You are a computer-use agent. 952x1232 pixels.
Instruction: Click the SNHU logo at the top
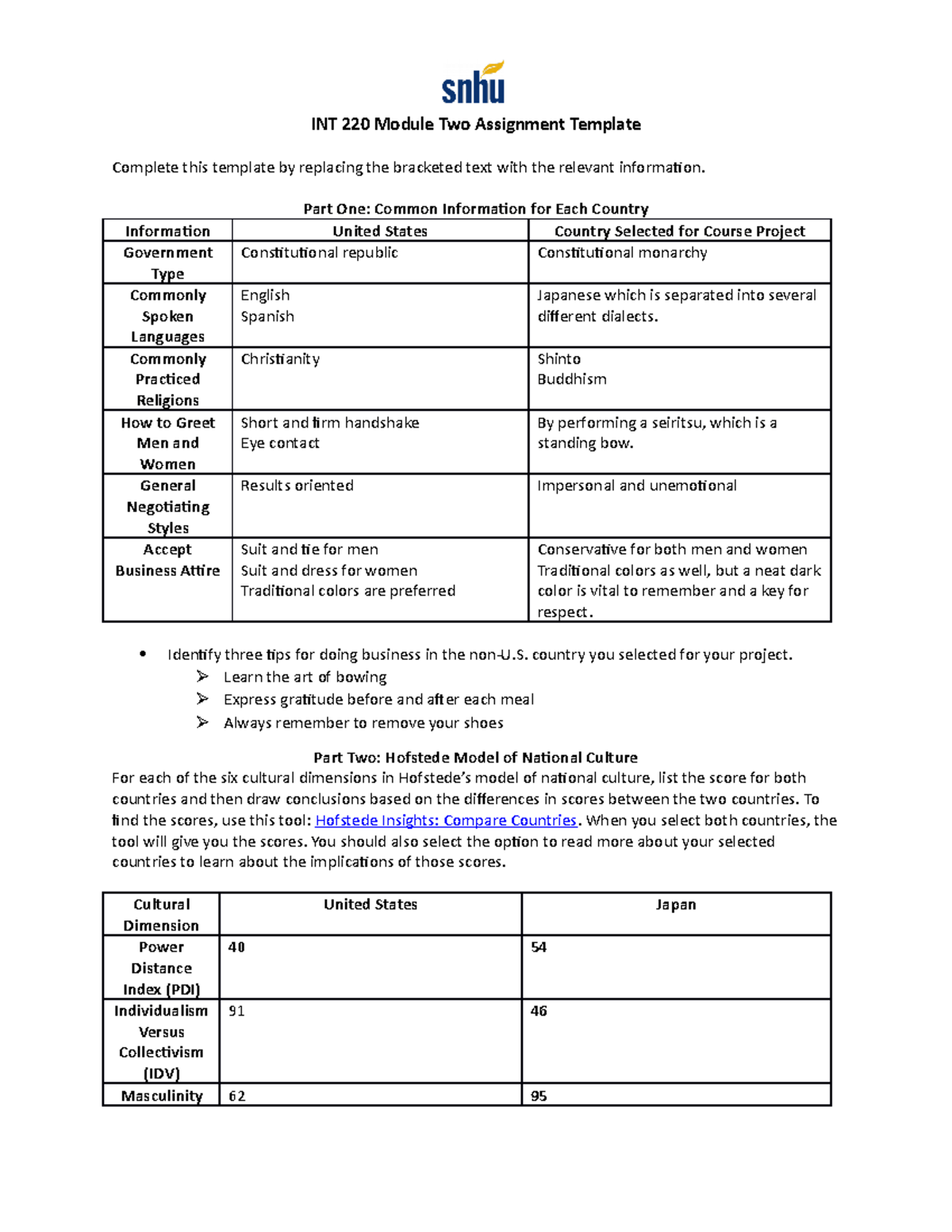coord(474,83)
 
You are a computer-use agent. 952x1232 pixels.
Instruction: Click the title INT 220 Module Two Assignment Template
coord(475,125)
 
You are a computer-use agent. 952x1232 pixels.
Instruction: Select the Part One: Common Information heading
coord(475,209)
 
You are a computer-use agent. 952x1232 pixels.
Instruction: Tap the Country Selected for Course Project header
coord(679,231)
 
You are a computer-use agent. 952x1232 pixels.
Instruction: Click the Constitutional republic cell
coord(319,253)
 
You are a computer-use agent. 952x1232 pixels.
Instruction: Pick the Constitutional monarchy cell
coord(622,253)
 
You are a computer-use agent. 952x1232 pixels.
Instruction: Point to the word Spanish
coord(267,317)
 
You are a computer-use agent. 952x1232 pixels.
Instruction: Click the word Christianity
coord(280,359)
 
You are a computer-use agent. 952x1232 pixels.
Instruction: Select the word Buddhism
coord(571,380)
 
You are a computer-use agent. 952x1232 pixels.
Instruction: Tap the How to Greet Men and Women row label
coord(167,443)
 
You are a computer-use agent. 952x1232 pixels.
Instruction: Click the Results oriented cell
coord(297,486)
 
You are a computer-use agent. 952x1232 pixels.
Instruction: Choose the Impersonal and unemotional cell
coord(636,486)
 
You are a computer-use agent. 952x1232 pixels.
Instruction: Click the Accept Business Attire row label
coord(167,560)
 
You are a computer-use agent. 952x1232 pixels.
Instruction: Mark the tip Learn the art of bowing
coord(305,677)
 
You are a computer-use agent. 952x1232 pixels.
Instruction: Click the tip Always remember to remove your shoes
coord(363,723)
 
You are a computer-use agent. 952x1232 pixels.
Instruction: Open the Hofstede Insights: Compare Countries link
coord(446,820)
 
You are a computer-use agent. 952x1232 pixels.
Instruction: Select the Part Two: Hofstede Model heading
coord(475,758)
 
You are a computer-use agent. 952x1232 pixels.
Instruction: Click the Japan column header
coord(675,905)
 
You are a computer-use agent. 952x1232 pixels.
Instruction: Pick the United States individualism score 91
coord(236,1011)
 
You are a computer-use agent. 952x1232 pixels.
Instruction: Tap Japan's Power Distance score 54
coord(539,947)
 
